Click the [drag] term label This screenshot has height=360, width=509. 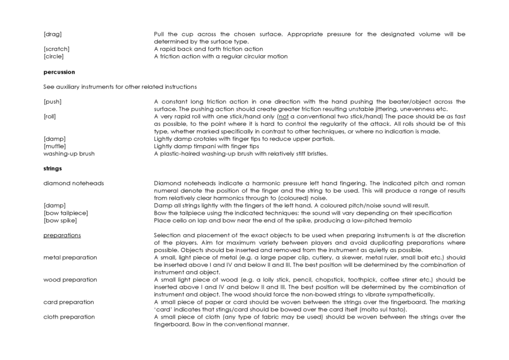point(52,34)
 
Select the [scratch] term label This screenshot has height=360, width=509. point(56,49)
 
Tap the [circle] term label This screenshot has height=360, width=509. point(54,56)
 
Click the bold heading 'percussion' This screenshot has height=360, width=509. point(59,72)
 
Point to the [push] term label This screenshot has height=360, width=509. point(52,101)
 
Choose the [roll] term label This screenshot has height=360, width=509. point(50,116)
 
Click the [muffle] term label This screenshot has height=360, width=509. point(55,146)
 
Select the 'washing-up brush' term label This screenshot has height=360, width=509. point(69,154)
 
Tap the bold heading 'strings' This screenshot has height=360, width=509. point(53,169)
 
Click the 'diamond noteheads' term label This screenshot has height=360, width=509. point(73,183)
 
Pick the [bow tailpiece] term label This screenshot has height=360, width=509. point(65,213)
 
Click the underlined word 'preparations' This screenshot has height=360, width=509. point(62,235)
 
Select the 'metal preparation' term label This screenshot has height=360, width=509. point(70,257)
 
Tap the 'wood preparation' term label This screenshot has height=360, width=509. point(70,280)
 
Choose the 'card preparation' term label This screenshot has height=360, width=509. point(68,302)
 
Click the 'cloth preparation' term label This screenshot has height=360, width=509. point(69,317)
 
